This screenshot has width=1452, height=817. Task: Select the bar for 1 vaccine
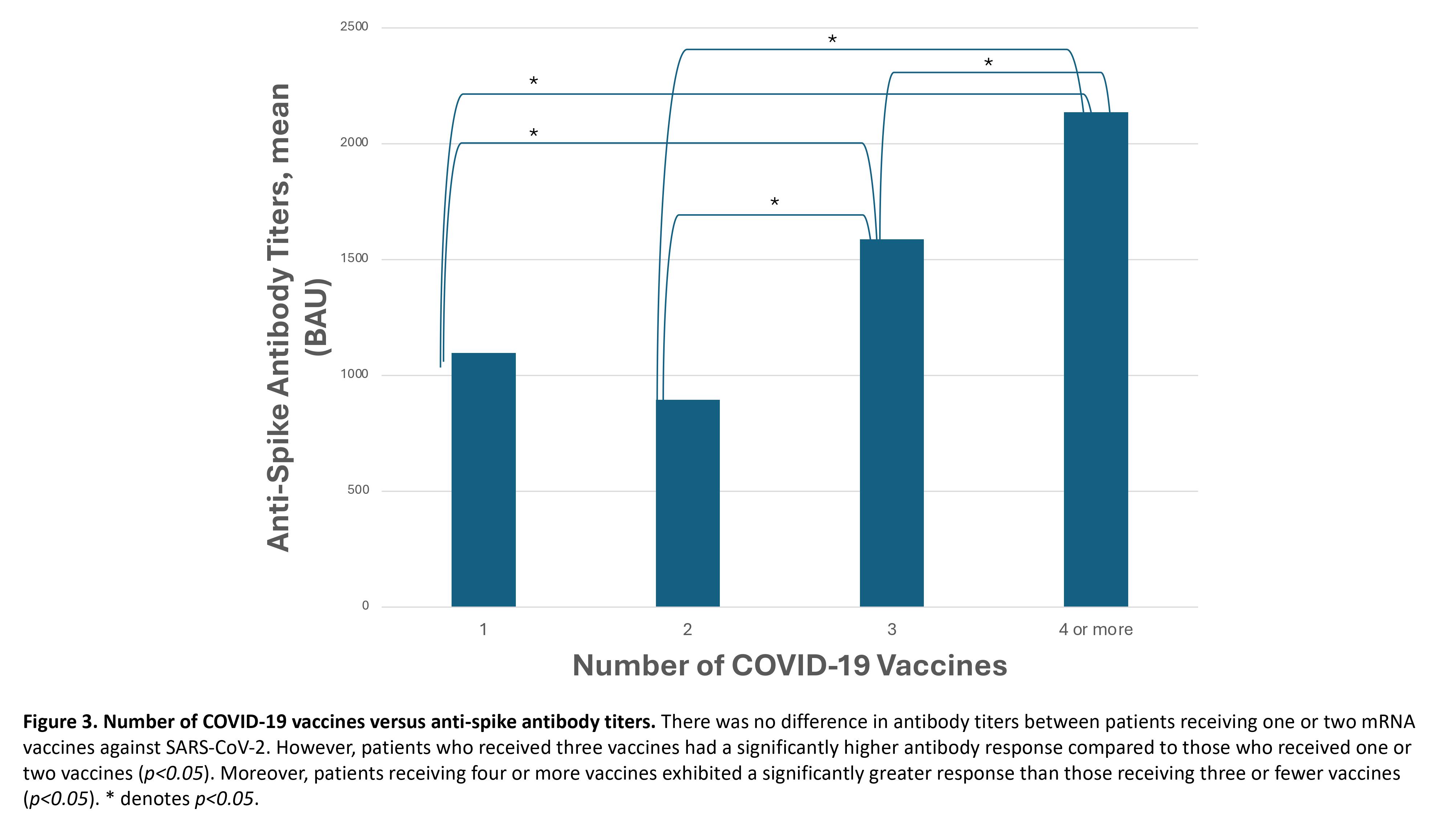click(x=483, y=479)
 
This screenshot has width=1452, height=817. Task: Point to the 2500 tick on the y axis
click(x=354, y=27)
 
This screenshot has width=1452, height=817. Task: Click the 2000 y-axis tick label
click(x=354, y=143)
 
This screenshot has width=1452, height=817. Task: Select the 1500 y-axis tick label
click(x=354, y=258)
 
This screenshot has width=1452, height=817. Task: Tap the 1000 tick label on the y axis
click(x=354, y=374)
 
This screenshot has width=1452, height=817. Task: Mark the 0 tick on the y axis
click(x=365, y=606)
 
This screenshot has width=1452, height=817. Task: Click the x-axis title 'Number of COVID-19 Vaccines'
click(x=789, y=665)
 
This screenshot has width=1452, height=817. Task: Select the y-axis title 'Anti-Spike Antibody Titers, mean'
click(x=279, y=317)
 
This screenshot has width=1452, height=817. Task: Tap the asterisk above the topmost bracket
click(x=832, y=40)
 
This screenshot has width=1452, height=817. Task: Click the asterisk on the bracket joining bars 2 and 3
click(x=775, y=202)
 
